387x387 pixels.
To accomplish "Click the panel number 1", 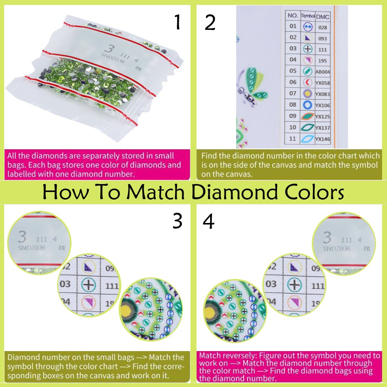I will tap(177, 23).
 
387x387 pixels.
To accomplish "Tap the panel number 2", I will tap(210, 23).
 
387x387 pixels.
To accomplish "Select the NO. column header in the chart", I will tap(293, 15).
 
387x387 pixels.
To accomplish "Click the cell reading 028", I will tap(322, 27).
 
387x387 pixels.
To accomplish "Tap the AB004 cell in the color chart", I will tap(323, 71).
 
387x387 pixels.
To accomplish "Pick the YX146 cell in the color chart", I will tap(323, 139).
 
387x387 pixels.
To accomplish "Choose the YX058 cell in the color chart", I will tap(323, 82).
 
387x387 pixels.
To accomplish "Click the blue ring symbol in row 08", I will tap(307, 105).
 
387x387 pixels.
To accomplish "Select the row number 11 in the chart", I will tap(293, 139).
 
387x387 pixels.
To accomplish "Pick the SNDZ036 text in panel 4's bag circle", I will tap(337, 248).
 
